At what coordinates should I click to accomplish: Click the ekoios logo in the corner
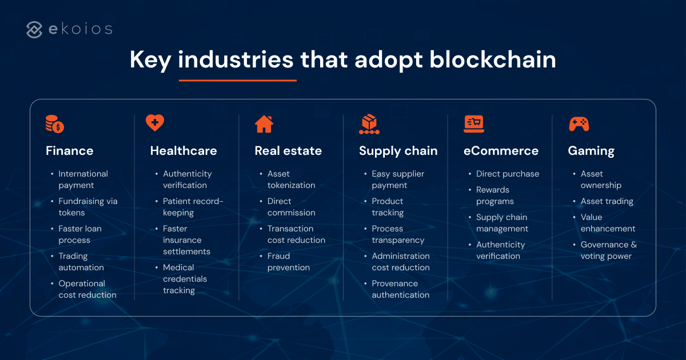[69, 29]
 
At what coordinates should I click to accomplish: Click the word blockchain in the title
[493, 59]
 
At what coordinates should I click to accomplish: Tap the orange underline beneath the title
[237, 81]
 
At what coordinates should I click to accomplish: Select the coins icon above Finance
[55, 123]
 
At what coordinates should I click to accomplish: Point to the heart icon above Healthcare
[154, 123]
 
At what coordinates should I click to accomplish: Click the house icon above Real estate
[264, 123]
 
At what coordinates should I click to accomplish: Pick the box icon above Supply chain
[369, 123]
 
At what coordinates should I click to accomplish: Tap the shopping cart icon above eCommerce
[474, 123]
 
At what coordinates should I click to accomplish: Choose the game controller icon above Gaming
[579, 123]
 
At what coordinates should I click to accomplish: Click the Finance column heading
[69, 151]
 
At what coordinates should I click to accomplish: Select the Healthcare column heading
[184, 151]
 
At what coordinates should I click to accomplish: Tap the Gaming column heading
[591, 151]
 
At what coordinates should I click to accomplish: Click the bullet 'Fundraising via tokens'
[87, 207]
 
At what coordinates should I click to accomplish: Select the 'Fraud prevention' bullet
[288, 262]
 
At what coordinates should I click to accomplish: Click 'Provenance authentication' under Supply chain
[400, 289]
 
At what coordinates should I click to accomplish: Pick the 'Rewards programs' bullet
[494, 195]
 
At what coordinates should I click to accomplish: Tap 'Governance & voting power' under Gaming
[608, 250]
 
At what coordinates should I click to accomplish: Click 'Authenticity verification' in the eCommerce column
[500, 250]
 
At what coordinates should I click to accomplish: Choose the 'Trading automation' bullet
[81, 262]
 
